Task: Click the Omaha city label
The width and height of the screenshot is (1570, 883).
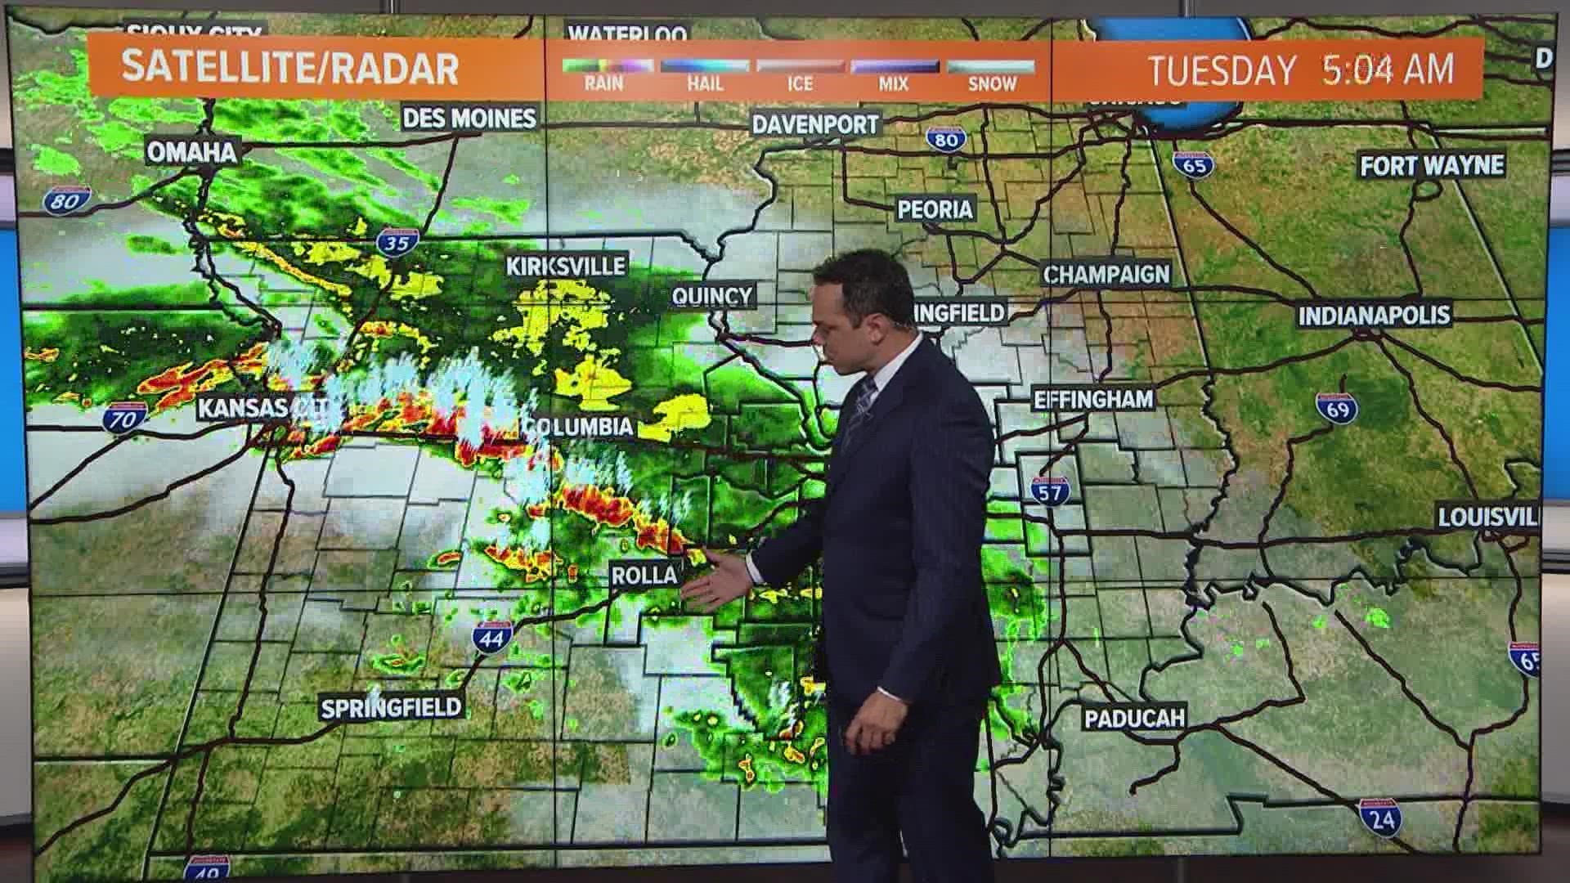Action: (192, 151)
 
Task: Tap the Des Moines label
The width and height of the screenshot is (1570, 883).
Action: (469, 119)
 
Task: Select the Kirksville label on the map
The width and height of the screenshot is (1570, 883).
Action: (566, 266)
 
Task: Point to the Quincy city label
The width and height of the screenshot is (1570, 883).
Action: (711, 295)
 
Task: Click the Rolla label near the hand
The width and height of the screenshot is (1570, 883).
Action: (645, 575)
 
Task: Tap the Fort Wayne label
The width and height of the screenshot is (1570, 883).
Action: (1432, 166)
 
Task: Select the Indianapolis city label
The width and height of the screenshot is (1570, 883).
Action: (1375, 315)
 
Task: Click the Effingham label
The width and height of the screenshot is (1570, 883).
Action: (1093, 399)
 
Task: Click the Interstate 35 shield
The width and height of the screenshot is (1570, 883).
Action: (399, 241)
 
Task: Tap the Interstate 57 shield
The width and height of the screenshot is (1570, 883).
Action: (1049, 490)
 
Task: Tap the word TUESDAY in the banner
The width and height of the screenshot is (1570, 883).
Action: (1222, 69)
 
